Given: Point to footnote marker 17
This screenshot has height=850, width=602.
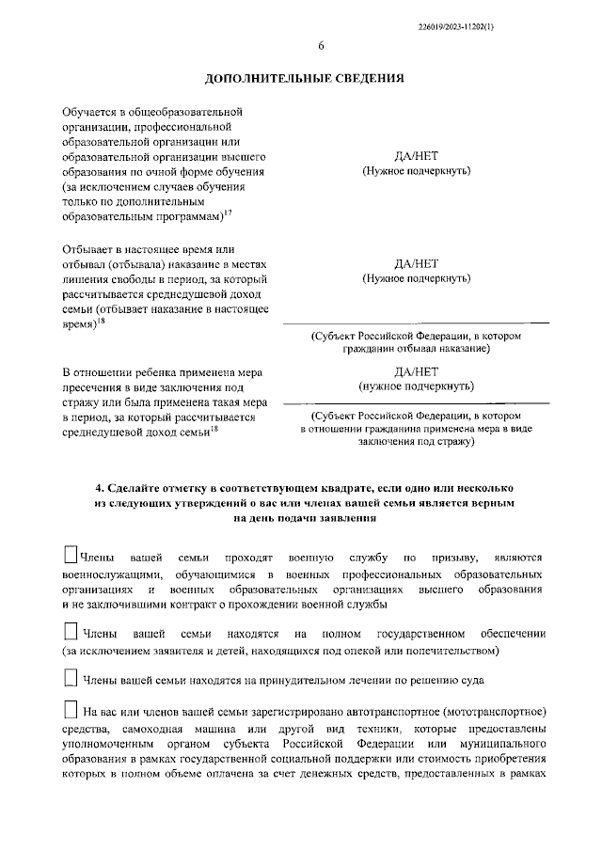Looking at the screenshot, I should click(229, 212).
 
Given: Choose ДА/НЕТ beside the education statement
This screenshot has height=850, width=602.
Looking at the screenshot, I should click(416, 156).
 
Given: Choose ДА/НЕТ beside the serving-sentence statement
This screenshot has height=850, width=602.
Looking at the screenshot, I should click(416, 263).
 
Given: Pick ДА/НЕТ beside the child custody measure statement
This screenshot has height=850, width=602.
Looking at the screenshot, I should click(416, 370).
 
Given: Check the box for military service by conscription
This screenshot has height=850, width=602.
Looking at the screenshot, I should click(70, 555).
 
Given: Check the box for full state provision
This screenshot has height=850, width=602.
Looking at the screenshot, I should click(70, 629).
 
